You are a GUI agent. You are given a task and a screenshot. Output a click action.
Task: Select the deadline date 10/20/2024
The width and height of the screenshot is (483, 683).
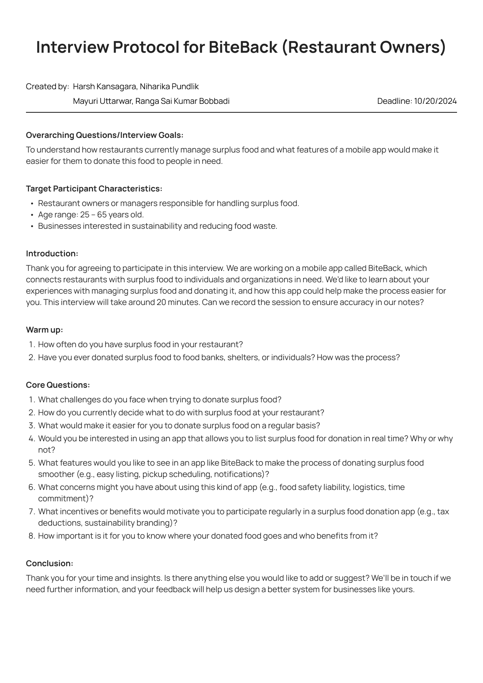[x=435, y=101]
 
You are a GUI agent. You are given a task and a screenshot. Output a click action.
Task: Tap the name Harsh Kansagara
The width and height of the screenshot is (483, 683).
[x=105, y=86]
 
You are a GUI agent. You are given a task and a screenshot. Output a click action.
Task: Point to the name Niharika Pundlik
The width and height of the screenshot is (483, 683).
[x=169, y=86]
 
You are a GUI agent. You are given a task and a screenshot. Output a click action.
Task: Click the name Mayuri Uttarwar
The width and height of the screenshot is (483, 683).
[x=102, y=101]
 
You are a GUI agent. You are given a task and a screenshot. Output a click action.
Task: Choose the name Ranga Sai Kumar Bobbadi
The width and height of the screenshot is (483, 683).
[x=182, y=101]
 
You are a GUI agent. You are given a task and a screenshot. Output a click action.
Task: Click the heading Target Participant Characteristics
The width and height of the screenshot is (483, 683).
[x=94, y=189]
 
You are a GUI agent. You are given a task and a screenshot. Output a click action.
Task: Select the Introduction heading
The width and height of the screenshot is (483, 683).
[x=52, y=253]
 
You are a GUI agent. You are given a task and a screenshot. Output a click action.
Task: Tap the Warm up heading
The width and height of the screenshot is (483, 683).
[x=44, y=330]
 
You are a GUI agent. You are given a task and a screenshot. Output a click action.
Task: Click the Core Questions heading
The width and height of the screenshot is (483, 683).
[x=58, y=385]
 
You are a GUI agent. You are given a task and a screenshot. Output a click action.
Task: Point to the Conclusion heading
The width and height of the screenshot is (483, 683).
[x=50, y=563]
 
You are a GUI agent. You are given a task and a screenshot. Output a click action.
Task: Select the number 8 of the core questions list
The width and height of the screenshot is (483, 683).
[x=32, y=536]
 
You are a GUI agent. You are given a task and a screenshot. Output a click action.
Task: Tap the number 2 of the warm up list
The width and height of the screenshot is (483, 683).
[x=32, y=357]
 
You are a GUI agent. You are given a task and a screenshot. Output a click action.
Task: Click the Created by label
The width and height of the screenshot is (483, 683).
[x=47, y=86]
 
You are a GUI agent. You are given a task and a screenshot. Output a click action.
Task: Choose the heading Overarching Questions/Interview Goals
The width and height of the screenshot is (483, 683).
[x=104, y=135]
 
